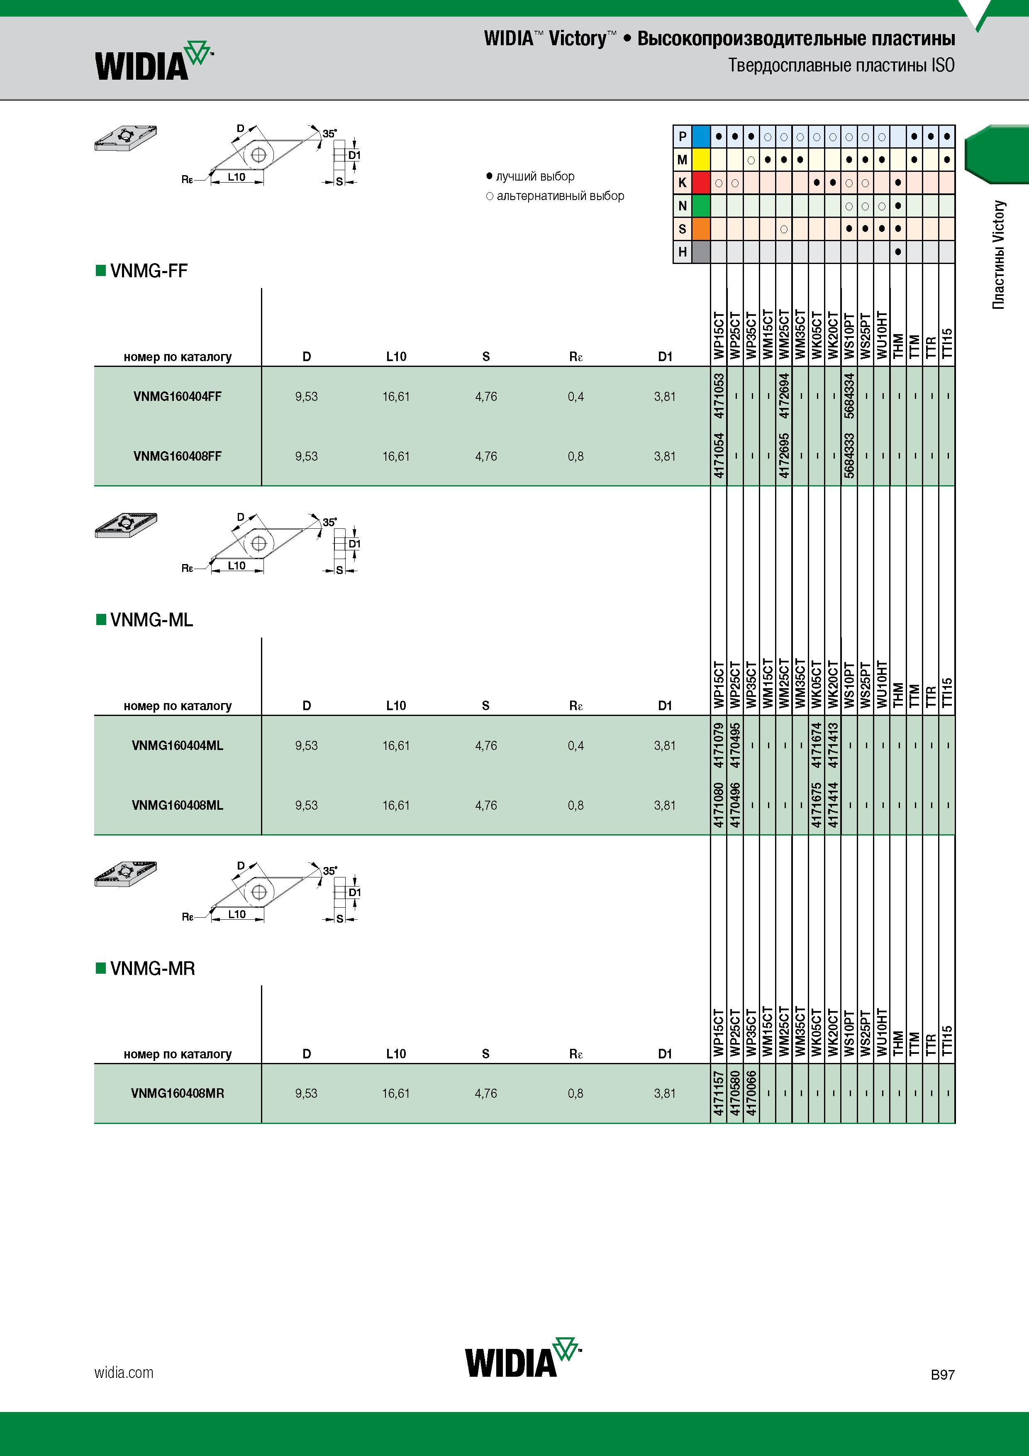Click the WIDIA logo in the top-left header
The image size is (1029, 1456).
click(x=154, y=61)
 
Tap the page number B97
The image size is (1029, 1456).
click(x=943, y=1374)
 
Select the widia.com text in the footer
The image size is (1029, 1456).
click(x=124, y=1372)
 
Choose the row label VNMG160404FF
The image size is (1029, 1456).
click(x=178, y=396)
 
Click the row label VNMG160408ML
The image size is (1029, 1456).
click(x=178, y=805)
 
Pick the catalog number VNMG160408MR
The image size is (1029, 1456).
click(x=178, y=1093)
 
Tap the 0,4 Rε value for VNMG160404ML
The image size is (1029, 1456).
click(x=575, y=746)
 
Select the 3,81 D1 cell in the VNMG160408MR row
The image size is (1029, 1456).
click(x=665, y=1093)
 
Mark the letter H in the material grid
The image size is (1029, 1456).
click(x=682, y=252)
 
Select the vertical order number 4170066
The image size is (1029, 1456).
click(x=751, y=1093)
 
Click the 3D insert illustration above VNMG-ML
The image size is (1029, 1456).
click(x=126, y=525)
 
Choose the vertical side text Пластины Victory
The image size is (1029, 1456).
click(x=999, y=255)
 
